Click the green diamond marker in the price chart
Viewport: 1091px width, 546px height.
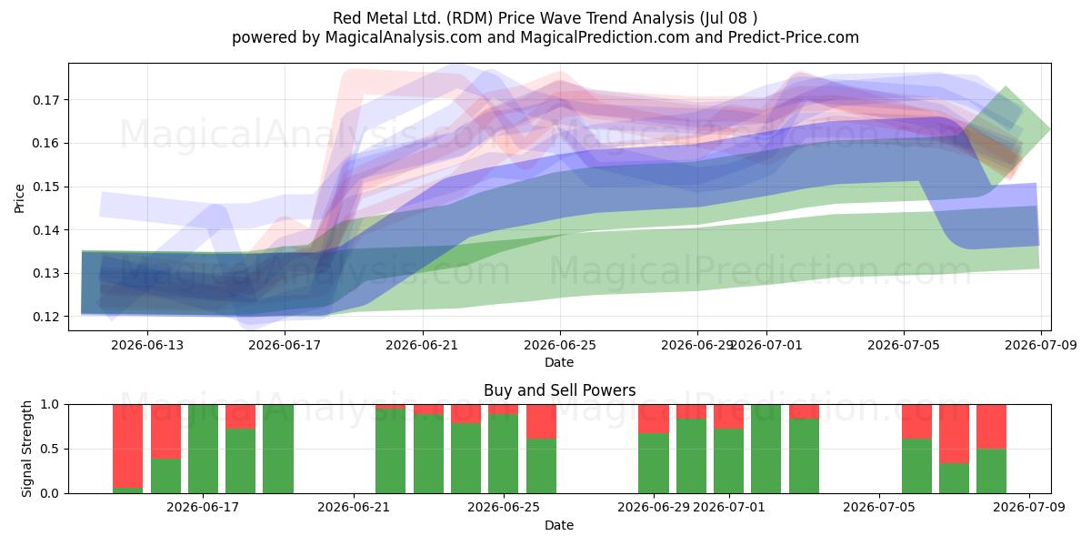[1006, 129]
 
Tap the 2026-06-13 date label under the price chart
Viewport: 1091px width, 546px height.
[147, 345]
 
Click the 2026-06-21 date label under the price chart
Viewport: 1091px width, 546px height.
[422, 345]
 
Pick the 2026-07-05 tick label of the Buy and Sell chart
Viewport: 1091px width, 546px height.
[879, 508]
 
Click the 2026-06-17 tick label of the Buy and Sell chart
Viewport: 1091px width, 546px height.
[203, 508]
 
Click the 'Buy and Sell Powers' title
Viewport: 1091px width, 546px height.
[560, 390]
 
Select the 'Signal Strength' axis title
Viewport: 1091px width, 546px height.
[26, 449]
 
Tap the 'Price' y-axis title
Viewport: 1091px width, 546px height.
[19, 198]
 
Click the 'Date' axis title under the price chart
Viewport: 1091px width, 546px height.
[559, 362]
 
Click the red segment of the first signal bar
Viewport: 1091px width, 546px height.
[127, 446]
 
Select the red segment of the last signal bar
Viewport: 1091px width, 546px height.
[991, 427]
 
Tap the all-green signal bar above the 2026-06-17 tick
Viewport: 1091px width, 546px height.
[203, 449]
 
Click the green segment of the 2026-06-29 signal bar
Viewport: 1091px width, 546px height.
[654, 463]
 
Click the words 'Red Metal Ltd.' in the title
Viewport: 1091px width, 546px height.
[384, 18]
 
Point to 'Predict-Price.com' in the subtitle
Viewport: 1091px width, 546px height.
[794, 37]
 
